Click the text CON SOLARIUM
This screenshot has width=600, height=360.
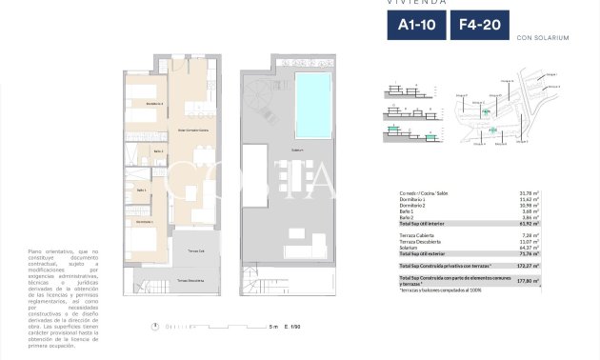coord(542,38)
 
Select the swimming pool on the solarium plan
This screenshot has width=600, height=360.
coord(311,94)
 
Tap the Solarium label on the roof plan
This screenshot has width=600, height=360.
coord(298,150)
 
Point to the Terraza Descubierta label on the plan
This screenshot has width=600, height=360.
coord(190,281)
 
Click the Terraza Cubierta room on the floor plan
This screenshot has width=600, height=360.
coord(197,250)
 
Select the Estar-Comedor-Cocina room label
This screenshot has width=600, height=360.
coord(193,130)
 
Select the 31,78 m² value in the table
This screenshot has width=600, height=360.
coord(529,194)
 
